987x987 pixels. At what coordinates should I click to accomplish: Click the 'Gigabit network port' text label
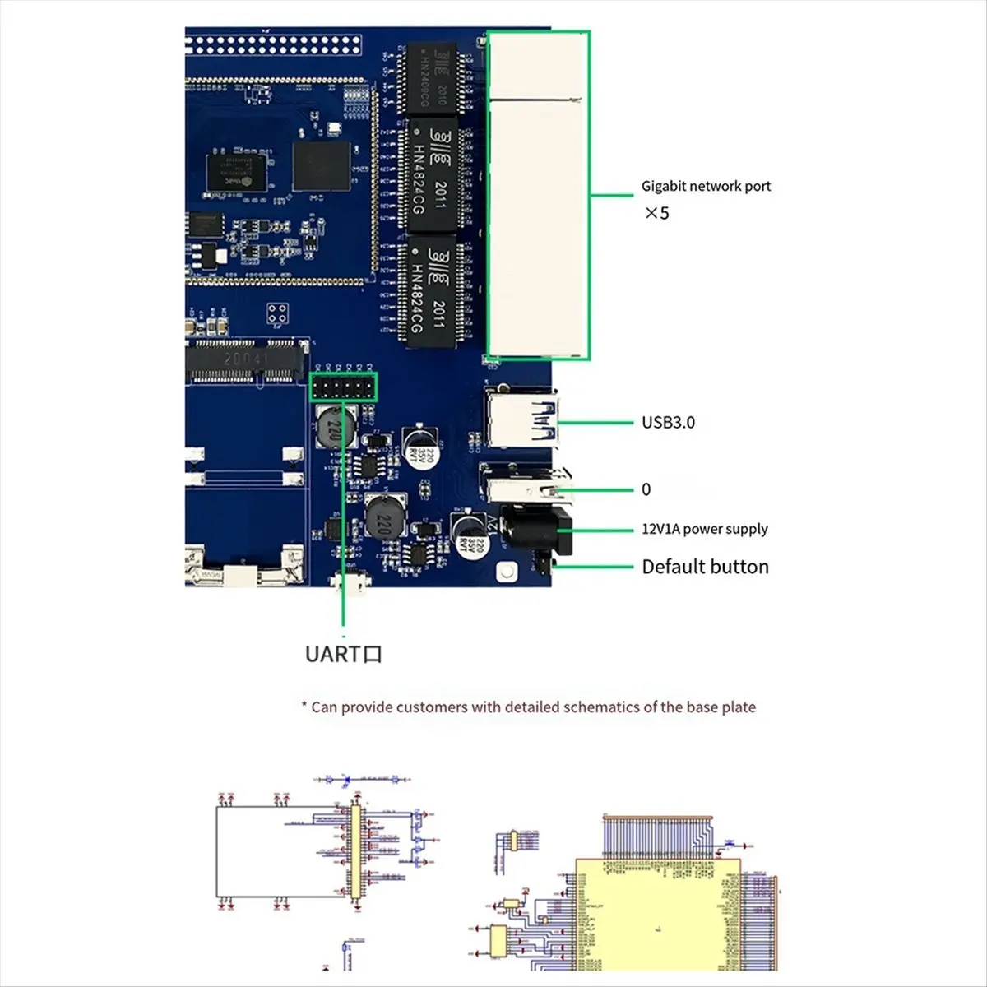(x=706, y=186)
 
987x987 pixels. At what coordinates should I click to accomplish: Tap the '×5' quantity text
(x=656, y=213)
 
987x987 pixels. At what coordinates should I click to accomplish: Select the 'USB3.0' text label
(x=668, y=422)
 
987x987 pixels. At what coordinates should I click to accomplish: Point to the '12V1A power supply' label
(x=705, y=529)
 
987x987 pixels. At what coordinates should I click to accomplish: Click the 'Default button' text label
(x=705, y=567)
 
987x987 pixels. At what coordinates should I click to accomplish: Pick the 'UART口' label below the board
(x=343, y=654)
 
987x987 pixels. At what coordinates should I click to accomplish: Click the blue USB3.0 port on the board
(x=521, y=419)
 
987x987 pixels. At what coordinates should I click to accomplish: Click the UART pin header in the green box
(x=343, y=387)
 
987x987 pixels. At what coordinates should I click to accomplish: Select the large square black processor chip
(x=321, y=166)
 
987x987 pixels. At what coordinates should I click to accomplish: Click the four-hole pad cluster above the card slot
(x=278, y=313)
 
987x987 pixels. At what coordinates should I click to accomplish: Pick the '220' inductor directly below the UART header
(x=336, y=427)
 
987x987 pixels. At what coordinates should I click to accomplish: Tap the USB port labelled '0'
(x=525, y=485)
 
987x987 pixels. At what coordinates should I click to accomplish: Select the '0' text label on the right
(x=646, y=489)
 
